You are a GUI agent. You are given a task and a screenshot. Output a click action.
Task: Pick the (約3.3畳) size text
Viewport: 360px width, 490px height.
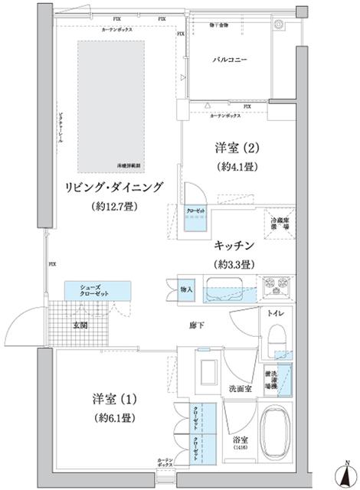click(x=234, y=263)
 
